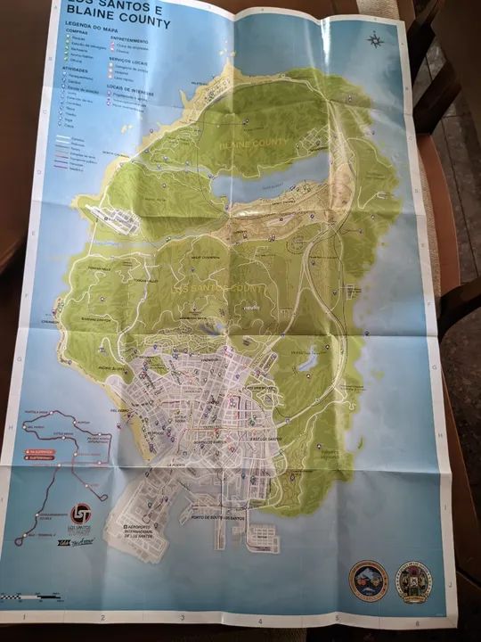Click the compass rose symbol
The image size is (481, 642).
tap(375, 39)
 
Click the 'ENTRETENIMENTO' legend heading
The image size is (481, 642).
tap(130, 41)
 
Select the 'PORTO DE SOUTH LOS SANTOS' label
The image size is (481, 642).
tap(215, 519)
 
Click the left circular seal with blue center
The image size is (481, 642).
tap(368, 580)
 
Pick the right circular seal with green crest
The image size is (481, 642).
tap(413, 581)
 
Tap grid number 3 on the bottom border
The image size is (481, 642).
tap(183, 616)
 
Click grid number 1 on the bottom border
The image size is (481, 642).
tap(24, 616)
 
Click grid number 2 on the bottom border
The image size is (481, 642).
tap(103, 616)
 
